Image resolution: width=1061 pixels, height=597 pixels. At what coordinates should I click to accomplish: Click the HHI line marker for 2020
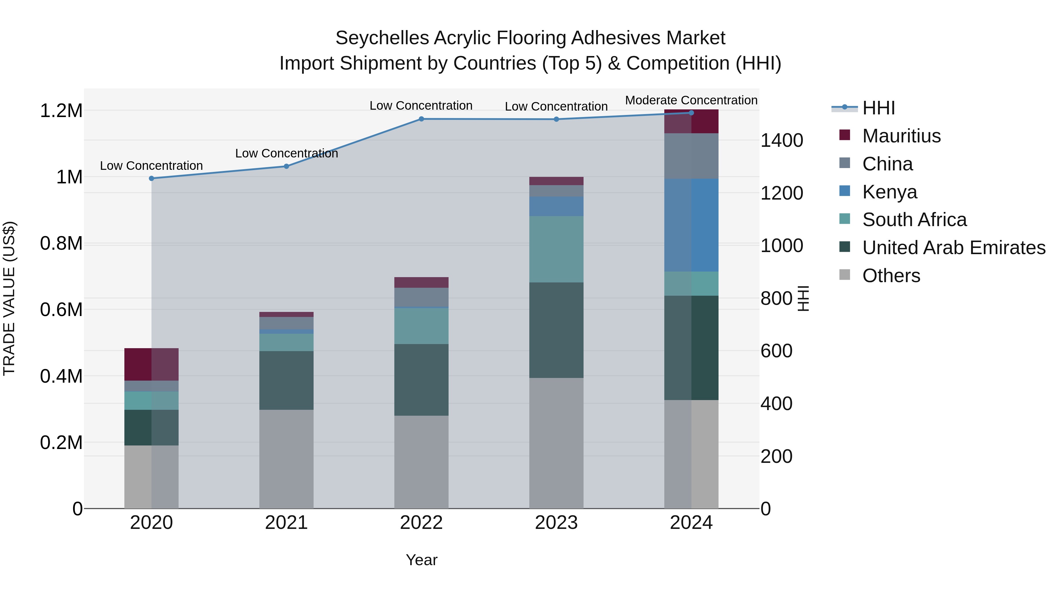[x=151, y=178]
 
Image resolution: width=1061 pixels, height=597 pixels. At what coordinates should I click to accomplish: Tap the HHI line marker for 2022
[x=421, y=119]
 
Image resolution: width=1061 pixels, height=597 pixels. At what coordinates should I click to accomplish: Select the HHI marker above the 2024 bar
[x=691, y=113]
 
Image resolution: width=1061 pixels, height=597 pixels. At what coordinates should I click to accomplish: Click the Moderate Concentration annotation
[x=691, y=101]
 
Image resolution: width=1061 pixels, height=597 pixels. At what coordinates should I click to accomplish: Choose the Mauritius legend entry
[x=901, y=136]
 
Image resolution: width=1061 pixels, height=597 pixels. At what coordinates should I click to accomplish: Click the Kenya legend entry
[x=890, y=192]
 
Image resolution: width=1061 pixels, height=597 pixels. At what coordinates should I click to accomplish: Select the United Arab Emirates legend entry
[x=953, y=248]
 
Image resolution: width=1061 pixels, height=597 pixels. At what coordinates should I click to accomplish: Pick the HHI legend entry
[x=878, y=108]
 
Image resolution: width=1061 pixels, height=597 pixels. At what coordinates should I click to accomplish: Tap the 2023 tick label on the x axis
[x=556, y=523]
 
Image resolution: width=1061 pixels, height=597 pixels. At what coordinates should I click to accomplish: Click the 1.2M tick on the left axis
[x=61, y=111]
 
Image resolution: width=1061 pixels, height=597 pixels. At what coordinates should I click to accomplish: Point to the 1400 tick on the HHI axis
[x=781, y=141]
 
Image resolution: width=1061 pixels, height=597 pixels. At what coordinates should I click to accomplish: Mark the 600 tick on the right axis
[x=776, y=351]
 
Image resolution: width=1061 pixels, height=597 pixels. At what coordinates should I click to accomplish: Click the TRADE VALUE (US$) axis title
[x=9, y=298]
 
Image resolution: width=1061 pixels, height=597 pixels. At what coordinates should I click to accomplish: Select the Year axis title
[x=421, y=560]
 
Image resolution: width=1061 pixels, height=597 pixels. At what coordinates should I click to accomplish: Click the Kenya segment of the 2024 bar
[x=691, y=225]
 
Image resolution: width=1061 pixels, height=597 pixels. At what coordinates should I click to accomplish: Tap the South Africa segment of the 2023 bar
[x=556, y=249]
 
